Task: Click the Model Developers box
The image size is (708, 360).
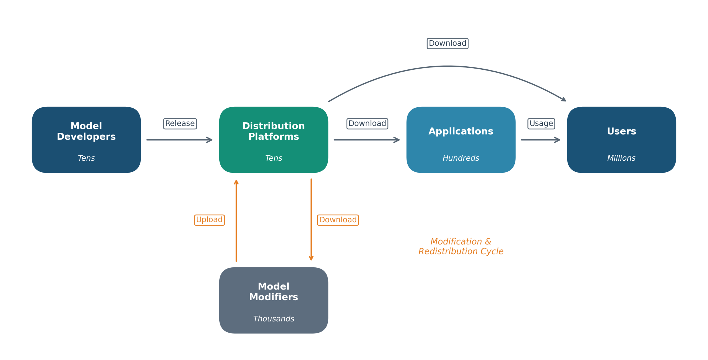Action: tap(86, 140)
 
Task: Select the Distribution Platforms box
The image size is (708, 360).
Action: tap(274, 140)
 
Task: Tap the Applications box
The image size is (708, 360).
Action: tap(461, 140)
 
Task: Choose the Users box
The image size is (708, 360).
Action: tap(621, 140)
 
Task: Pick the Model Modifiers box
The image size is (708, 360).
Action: tap(274, 300)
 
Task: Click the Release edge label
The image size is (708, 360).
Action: tap(180, 124)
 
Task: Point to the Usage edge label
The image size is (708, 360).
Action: tap(541, 124)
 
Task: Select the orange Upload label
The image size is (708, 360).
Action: tap(209, 220)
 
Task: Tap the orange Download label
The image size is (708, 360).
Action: tap(338, 220)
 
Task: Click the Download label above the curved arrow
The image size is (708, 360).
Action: tap(447, 43)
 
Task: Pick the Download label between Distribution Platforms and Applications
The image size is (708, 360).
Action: tap(367, 124)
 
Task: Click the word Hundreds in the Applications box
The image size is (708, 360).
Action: tap(461, 158)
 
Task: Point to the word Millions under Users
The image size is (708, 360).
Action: tap(621, 158)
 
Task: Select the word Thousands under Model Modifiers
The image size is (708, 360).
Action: tap(274, 319)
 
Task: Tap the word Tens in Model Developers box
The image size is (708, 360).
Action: tap(86, 158)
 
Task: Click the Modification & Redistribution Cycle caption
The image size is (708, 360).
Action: tap(461, 246)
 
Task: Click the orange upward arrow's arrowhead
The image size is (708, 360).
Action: tap(236, 182)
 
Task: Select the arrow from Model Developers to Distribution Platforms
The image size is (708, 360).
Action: tap(179, 140)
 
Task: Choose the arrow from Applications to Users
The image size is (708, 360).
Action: tap(541, 140)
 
